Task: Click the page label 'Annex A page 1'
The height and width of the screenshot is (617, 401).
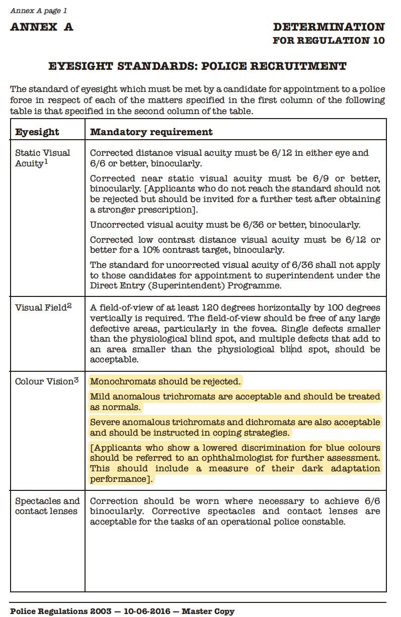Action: pos(38,11)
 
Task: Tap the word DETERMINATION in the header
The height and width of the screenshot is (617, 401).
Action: pos(329,27)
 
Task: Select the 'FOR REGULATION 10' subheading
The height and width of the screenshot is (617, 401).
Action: pos(329,41)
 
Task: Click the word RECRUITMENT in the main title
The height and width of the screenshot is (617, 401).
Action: pos(298,66)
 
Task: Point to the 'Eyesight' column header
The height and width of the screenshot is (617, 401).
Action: pos(37,132)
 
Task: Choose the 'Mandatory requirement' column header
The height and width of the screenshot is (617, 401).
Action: pos(151,132)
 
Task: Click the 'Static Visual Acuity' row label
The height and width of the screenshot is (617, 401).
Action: pos(42,158)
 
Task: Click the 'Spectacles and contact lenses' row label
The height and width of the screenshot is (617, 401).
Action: pos(47,506)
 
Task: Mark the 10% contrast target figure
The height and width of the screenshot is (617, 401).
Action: pos(148,250)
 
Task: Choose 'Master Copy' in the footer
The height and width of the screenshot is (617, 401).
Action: pos(208,611)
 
